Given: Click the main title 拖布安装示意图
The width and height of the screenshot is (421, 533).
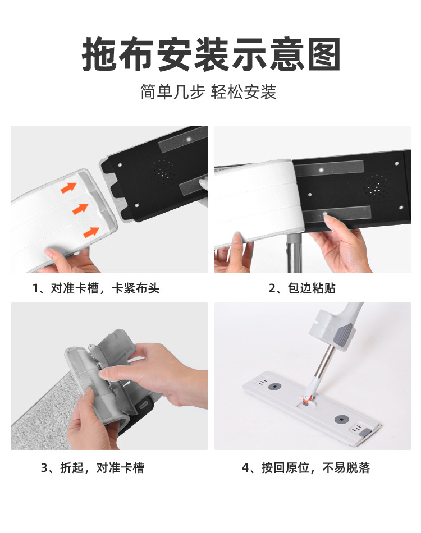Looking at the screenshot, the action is (x=211, y=54).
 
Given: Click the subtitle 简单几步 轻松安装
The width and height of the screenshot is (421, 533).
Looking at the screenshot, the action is (x=208, y=92).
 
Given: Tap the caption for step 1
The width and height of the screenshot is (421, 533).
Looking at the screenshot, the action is (x=96, y=288).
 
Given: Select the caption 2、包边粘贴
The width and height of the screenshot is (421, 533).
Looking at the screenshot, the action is (x=302, y=288).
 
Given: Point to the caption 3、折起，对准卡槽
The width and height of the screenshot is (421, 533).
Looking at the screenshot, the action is (x=93, y=468).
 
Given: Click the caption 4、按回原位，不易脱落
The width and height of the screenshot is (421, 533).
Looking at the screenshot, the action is (x=306, y=468).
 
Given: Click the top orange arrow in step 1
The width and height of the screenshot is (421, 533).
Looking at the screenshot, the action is (x=68, y=187).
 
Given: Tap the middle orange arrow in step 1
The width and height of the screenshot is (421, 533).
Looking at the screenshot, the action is (x=80, y=209).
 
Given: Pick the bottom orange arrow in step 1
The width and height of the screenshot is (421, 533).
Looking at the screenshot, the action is (x=91, y=232).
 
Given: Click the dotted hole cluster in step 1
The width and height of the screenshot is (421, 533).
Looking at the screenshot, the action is (x=163, y=169).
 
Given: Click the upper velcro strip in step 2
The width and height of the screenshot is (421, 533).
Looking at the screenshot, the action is (x=328, y=169).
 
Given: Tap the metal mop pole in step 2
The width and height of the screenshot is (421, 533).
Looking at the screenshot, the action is (x=294, y=253).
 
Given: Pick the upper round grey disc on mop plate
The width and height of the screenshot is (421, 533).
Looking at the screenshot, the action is (x=274, y=387).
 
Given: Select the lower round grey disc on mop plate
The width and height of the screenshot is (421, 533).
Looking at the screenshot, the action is (x=341, y=419).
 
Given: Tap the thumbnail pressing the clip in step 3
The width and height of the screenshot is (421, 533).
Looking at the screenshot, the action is (x=103, y=374).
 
